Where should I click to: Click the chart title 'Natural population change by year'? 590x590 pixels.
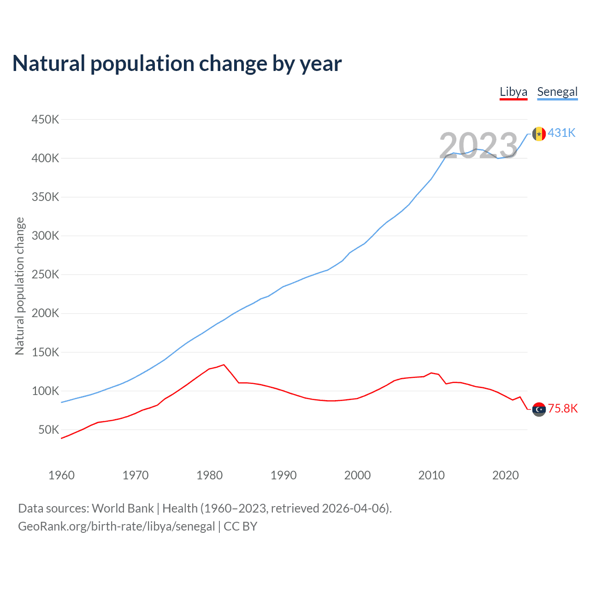tap(177, 64)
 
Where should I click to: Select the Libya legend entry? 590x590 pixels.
tap(513, 92)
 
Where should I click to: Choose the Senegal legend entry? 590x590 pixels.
tap(557, 92)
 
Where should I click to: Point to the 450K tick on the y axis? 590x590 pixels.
tap(45, 120)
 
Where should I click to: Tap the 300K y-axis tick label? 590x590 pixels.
tap(45, 236)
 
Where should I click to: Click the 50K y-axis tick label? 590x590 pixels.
tap(48, 430)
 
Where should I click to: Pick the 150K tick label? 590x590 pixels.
tap(45, 353)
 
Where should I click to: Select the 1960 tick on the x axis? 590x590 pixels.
tap(61, 475)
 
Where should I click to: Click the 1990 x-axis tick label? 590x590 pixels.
tap(283, 475)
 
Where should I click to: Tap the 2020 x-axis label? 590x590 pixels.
tap(505, 475)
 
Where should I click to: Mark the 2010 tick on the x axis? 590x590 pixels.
tap(431, 475)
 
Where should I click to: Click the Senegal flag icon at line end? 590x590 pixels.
tap(539, 134)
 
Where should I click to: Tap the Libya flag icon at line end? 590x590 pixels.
tap(539, 409)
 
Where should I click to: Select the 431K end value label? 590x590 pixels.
tap(561, 133)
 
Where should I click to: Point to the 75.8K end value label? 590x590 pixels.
tap(562, 409)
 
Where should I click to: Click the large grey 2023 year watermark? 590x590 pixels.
tap(478, 146)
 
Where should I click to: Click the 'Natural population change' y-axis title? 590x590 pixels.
tap(20, 286)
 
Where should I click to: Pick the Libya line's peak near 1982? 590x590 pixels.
tap(224, 365)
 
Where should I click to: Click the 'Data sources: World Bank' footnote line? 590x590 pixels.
tap(205, 508)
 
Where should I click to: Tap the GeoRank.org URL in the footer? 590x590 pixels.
tap(117, 526)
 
